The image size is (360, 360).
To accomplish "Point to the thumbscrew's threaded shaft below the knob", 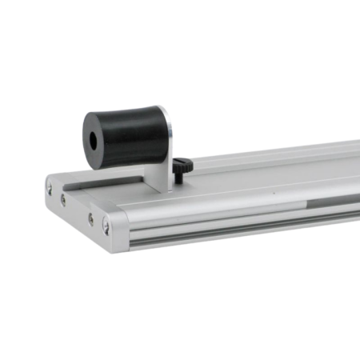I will (178, 178).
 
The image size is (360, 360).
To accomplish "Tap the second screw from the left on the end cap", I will (64, 199).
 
